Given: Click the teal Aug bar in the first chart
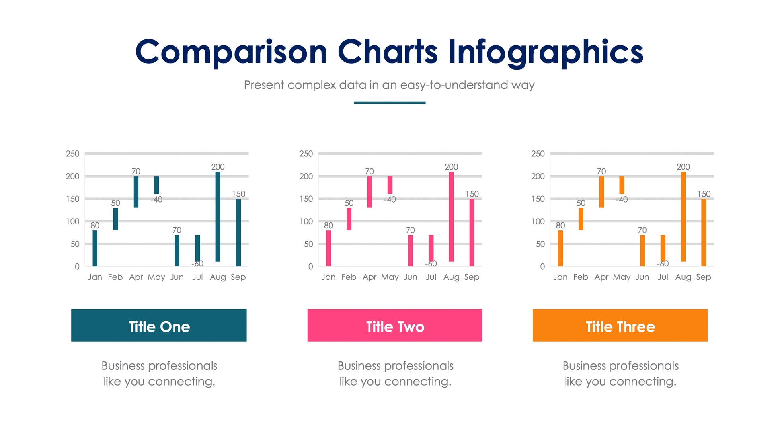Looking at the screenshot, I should (218, 217).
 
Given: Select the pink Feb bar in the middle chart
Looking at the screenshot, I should (349, 219).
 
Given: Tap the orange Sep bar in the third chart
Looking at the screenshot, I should (704, 232).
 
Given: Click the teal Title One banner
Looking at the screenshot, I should (159, 326).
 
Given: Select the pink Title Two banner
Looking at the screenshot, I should (395, 326).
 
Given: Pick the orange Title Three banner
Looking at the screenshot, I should (620, 326).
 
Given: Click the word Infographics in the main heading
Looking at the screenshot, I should (545, 52).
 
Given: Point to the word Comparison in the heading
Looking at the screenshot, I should (231, 52).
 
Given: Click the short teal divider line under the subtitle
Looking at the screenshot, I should (390, 103).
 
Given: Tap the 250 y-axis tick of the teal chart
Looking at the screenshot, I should (72, 154).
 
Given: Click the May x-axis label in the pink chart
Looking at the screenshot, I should (390, 277).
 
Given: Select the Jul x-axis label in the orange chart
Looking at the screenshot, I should (663, 277).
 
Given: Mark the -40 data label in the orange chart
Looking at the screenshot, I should (622, 199).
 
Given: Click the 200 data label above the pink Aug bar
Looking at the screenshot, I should (451, 167).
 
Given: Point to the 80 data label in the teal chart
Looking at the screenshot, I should (95, 226).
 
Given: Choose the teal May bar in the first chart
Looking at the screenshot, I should (156, 185).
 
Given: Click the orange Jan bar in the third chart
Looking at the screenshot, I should (560, 248).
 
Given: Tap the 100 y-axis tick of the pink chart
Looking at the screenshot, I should (306, 221).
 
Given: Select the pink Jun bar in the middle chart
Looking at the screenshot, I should (410, 251).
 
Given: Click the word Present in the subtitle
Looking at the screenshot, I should (263, 85).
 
